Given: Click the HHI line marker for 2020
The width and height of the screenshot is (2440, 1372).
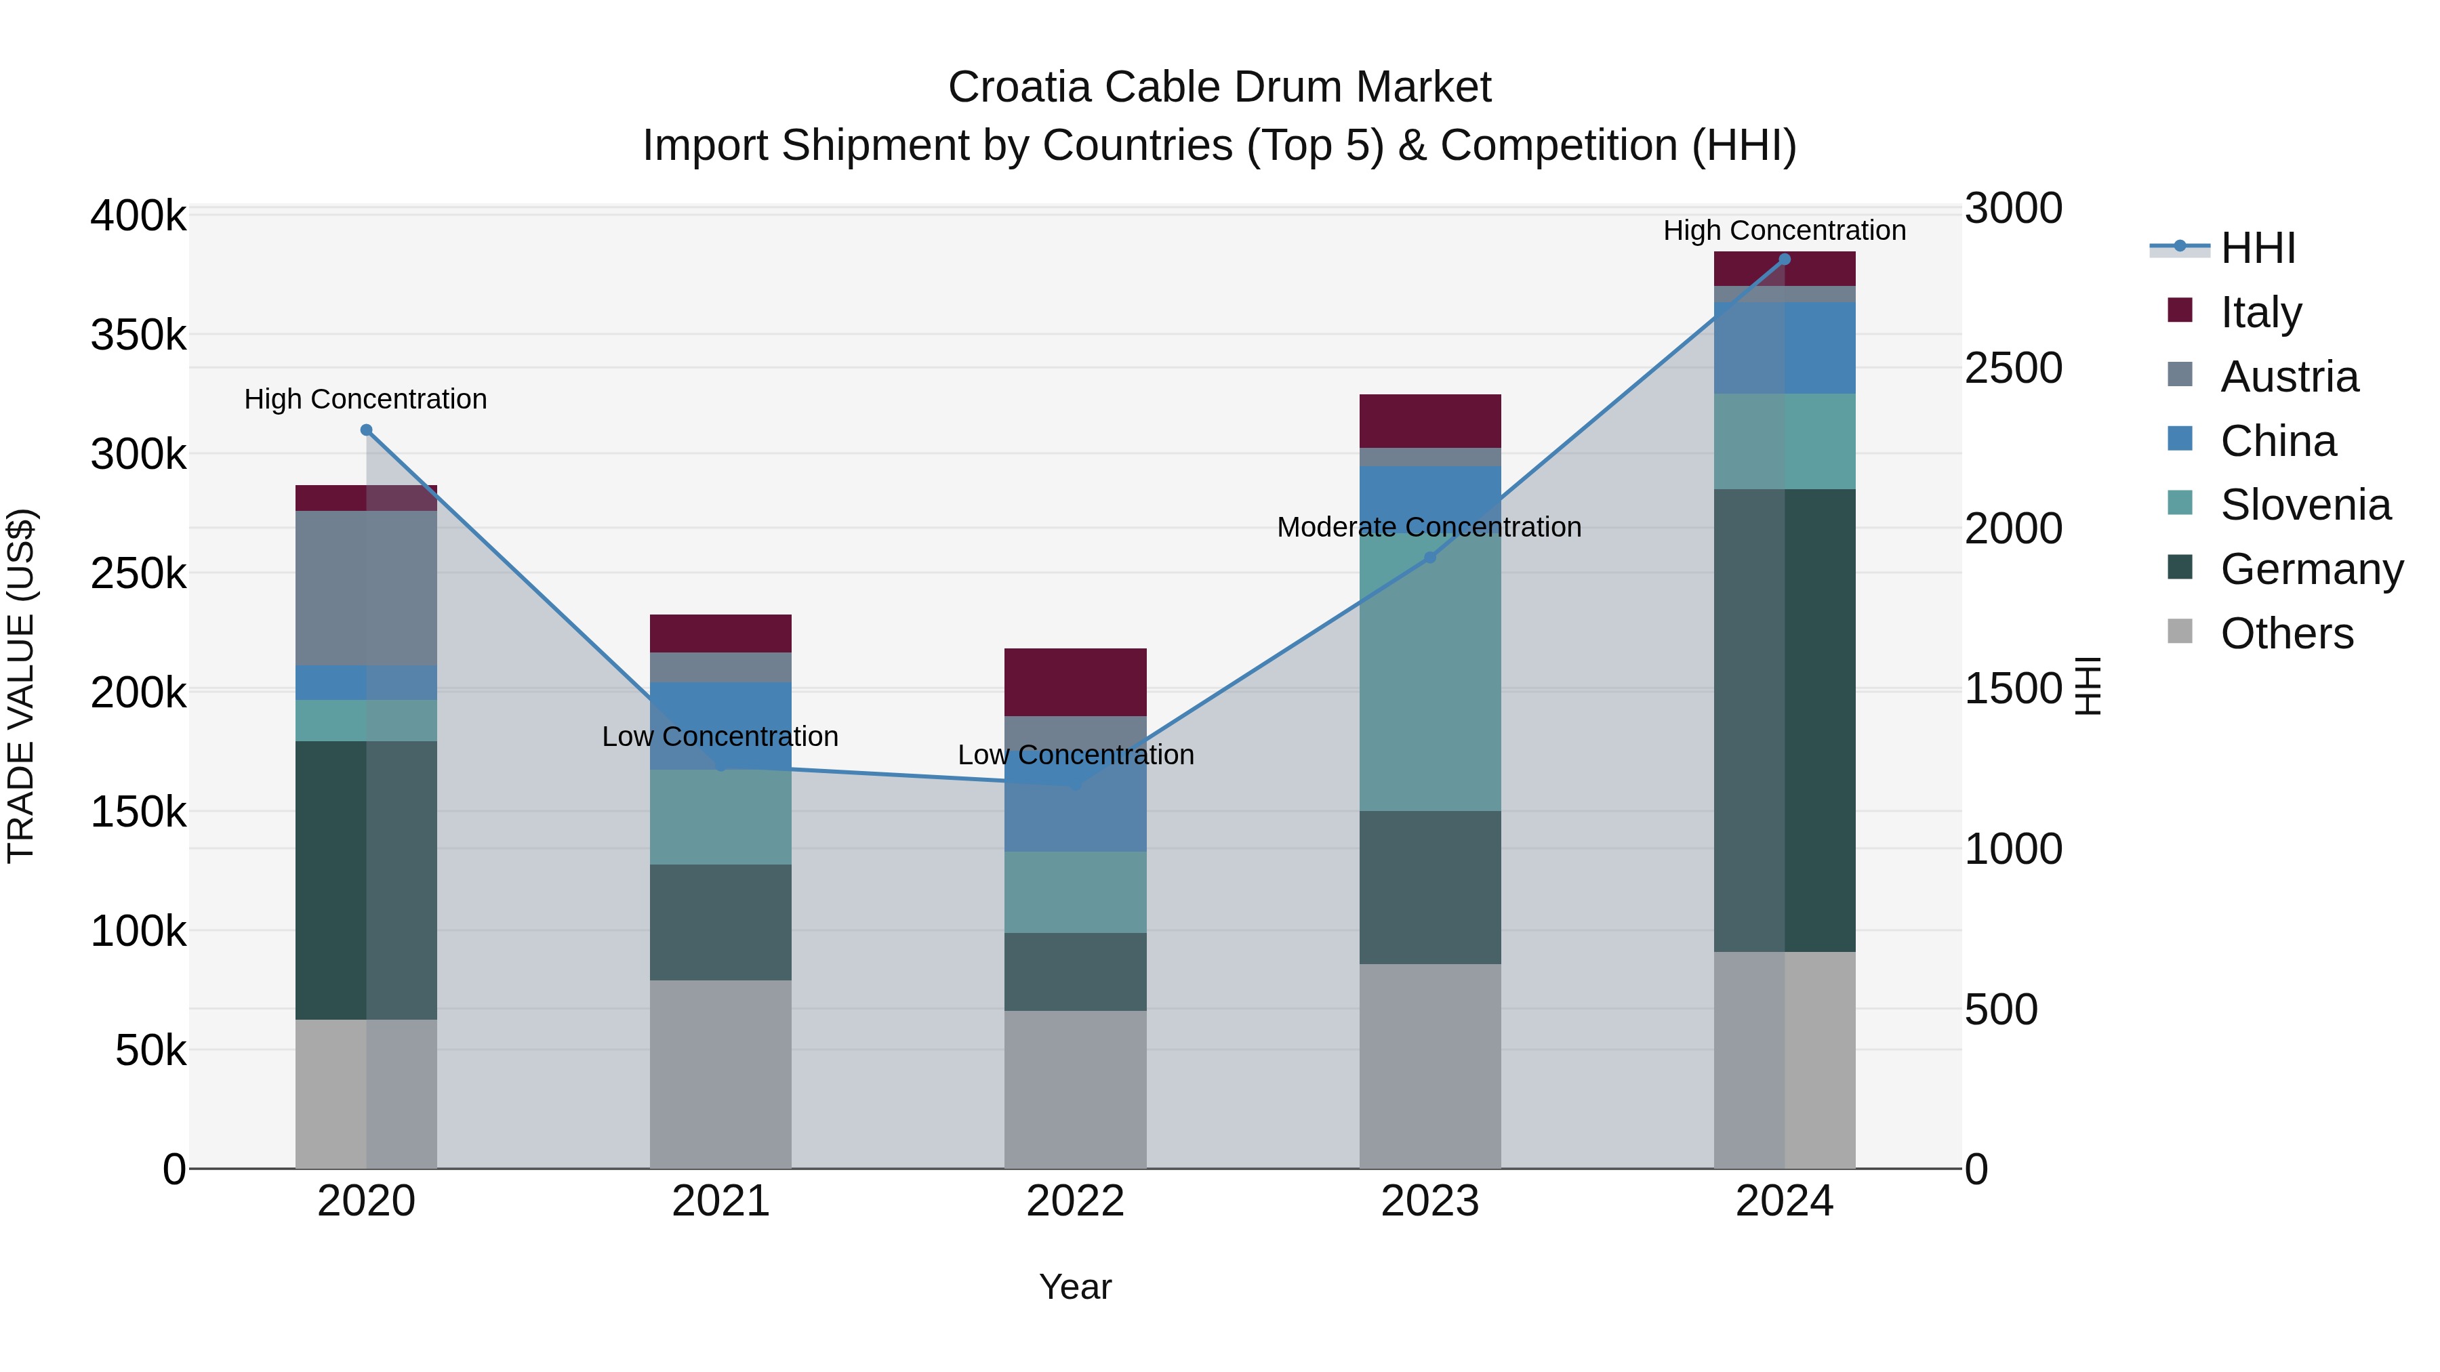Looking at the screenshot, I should pos(367,430).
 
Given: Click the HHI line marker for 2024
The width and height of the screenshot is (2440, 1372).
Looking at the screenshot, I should pos(1785,259).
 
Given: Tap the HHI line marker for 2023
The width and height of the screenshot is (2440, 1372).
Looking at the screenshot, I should pos(1430,558).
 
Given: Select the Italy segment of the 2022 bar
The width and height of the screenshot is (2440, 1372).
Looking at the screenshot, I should pos(1075,682).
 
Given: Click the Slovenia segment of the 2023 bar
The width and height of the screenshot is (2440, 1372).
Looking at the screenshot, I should pos(1430,672).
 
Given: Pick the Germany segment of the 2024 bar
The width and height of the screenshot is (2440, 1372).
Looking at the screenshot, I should pos(1785,720).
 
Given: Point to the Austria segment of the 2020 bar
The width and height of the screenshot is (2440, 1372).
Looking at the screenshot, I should pos(367,587).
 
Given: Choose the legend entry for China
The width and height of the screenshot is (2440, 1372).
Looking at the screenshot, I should pos(2277,441).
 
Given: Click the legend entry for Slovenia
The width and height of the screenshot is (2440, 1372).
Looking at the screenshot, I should pos(2304,505).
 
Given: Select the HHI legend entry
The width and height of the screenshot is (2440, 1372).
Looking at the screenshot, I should pos(2257,248).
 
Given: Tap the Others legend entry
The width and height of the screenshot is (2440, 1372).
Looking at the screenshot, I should pos(2285,633).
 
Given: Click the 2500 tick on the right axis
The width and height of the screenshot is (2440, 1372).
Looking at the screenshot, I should pos(2013,369).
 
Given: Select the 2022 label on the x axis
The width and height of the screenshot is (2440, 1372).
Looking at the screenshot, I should pos(1075,1201).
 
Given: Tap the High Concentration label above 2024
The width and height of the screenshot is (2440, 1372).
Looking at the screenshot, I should pos(1785,230).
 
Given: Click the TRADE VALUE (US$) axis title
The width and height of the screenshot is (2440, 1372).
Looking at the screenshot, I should pos(22,686).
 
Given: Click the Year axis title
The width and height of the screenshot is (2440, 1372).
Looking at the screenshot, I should pos(1075,1287).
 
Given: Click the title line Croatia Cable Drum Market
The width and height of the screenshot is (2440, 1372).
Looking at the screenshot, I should pos(1219,87).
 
